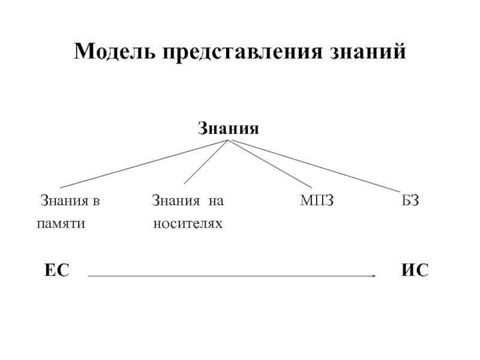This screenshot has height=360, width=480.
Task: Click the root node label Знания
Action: pos(229,128)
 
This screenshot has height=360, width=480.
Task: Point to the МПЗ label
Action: pos(316,200)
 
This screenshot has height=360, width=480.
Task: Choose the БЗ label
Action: pos(410,200)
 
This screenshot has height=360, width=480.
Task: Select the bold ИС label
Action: pos(415,271)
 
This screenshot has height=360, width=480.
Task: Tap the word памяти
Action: pos(61,224)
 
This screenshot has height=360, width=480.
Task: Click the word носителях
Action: pos(187,224)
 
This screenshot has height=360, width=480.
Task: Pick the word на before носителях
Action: pos(215,200)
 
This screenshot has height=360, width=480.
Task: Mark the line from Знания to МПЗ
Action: pos(270,163)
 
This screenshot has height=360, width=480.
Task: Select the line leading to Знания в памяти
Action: pos(144,164)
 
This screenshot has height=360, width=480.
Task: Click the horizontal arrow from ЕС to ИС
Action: pos(231,276)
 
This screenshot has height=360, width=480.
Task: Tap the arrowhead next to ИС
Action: pos(374,276)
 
